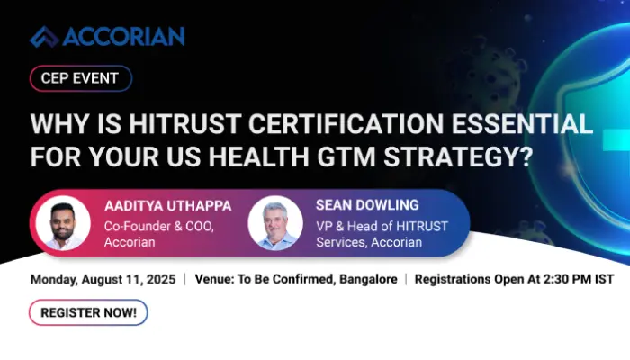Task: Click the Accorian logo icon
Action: [x=44, y=37]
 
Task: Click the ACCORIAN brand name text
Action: [x=123, y=37]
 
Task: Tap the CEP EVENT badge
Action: [x=81, y=78]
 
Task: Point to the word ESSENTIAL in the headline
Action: [x=522, y=123]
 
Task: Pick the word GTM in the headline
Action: [x=346, y=157]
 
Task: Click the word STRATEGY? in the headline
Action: [x=457, y=157]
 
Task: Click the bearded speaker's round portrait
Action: [x=63, y=223]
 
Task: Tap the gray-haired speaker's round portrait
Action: [x=275, y=223]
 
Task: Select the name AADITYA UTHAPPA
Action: [x=168, y=206]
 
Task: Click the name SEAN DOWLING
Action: [x=367, y=205]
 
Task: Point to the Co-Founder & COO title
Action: [x=158, y=227]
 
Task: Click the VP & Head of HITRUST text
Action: [x=382, y=227]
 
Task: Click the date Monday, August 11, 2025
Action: [x=103, y=280]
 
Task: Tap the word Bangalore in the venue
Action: [x=368, y=279]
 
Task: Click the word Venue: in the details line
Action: [x=214, y=279]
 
